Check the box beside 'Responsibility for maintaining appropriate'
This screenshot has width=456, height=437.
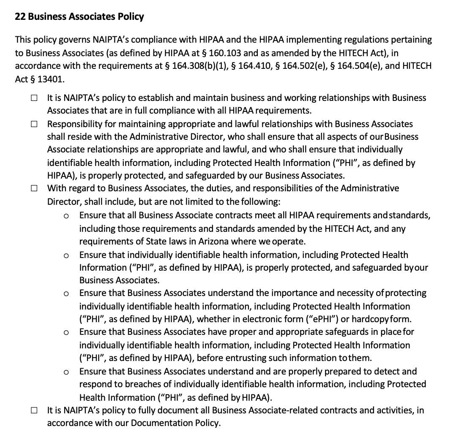(x=33, y=124)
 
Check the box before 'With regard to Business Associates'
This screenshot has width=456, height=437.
(x=33, y=188)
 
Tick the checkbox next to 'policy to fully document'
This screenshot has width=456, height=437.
(x=33, y=410)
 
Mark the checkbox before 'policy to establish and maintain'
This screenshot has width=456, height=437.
(x=33, y=98)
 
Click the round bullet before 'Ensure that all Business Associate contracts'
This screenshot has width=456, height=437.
(x=66, y=216)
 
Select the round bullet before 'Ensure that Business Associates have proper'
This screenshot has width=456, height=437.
(x=66, y=333)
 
